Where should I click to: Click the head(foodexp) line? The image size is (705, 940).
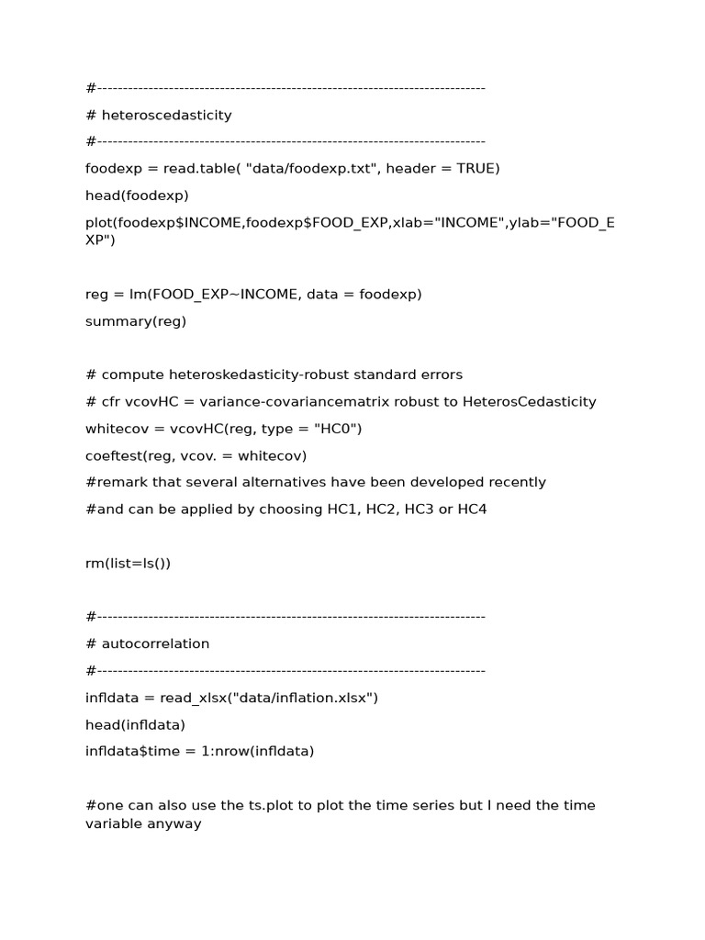point(137,196)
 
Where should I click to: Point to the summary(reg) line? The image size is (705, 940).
point(136,321)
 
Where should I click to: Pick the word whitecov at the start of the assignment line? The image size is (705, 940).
point(115,429)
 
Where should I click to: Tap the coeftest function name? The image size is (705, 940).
point(113,455)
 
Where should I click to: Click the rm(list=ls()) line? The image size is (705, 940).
point(128,563)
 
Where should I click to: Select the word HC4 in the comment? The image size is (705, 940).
point(471,509)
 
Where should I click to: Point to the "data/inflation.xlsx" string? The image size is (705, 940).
point(303,698)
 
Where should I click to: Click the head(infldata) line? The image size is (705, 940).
point(135,724)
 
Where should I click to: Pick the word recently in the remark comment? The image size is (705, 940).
point(514,482)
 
